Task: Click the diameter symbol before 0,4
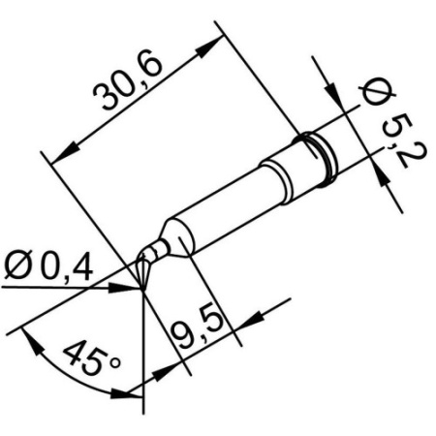[x=21, y=264]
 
